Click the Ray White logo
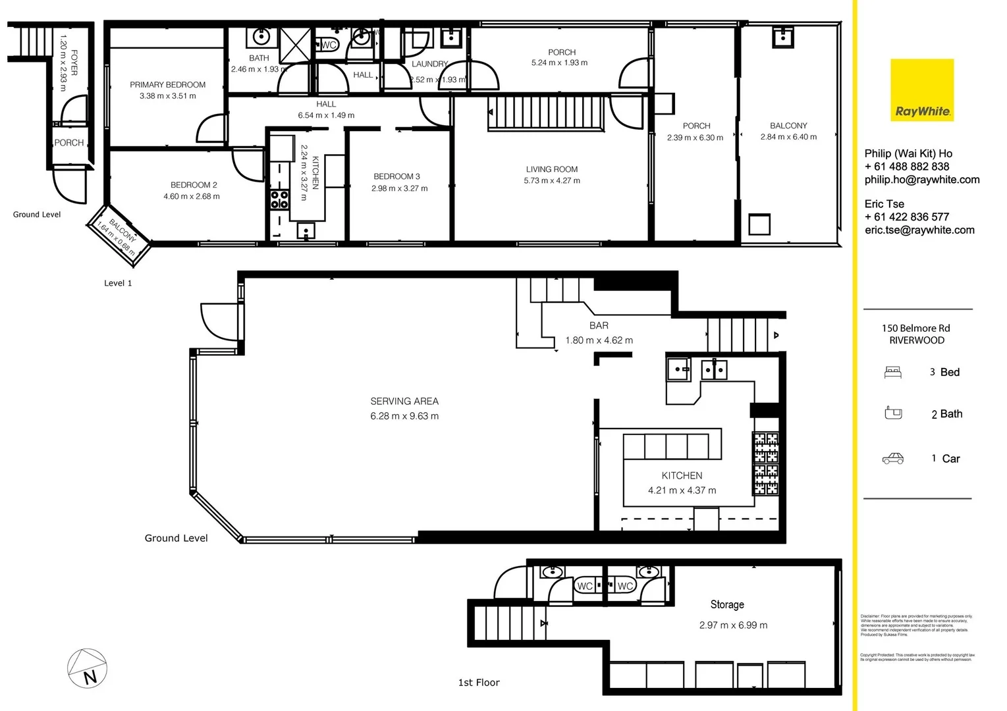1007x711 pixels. click(921, 90)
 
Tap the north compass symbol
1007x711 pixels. click(87, 668)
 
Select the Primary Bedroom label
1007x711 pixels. click(167, 85)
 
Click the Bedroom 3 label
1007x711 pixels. click(396, 176)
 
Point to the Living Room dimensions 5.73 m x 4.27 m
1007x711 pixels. click(552, 180)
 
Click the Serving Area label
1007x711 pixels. click(404, 401)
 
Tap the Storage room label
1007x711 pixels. click(727, 604)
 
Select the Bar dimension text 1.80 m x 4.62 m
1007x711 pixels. click(599, 340)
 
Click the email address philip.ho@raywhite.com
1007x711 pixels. click(921, 180)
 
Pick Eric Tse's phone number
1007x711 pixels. click(906, 217)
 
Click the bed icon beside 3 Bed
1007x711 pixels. click(892, 373)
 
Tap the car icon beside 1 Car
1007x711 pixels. click(892, 459)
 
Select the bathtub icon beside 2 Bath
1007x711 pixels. click(892, 413)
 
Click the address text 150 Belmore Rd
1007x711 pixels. click(915, 328)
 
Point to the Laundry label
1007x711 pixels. click(429, 64)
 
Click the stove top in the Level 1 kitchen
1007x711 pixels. click(279, 199)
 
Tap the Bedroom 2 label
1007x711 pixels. click(194, 185)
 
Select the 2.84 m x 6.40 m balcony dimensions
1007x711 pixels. click(788, 137)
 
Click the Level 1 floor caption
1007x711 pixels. click(118, 283)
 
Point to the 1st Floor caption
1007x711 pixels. click(479, 683)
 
